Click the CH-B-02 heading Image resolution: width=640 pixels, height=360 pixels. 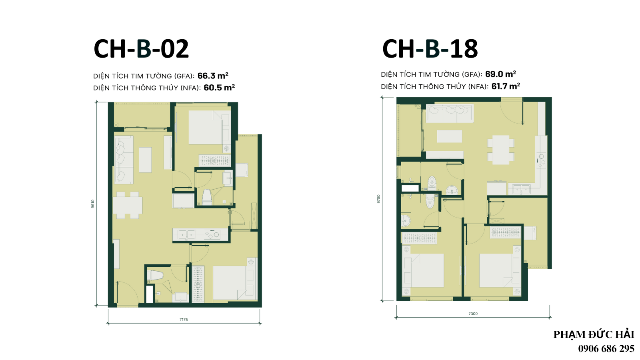point(141,48)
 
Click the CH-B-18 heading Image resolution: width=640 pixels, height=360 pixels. point(430,48)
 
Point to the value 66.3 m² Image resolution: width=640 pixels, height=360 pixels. point(213,76)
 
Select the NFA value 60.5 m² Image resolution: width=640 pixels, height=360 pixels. point(219,88)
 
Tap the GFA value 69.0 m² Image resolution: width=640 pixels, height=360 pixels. point(500,74)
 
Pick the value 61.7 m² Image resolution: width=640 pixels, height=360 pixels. point(506,86)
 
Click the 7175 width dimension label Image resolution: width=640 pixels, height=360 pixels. point(184,320)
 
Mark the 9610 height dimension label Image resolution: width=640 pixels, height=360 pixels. point(92,204)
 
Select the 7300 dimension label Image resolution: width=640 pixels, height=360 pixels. point(473,314)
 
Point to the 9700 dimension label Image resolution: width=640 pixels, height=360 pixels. point(378,199)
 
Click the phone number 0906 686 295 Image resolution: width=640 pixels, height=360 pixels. point(606,348)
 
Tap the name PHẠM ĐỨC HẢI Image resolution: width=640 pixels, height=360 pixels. point(594,334)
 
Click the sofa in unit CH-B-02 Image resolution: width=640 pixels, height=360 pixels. point(124,160)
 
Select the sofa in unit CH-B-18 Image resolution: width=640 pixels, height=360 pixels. point(450,114)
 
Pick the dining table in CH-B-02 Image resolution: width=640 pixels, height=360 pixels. point(128,205)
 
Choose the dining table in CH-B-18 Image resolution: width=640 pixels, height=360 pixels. point(501,150)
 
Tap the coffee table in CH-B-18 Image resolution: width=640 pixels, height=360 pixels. point(450,136)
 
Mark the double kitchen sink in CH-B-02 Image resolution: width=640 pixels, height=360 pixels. point(187,234)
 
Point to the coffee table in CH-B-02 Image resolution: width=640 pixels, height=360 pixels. point(145,160)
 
